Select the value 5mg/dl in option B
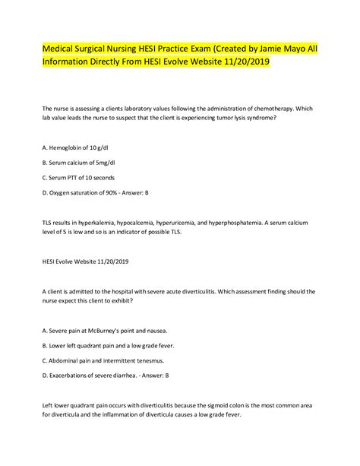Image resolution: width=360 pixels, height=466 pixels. coord(109,160)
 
